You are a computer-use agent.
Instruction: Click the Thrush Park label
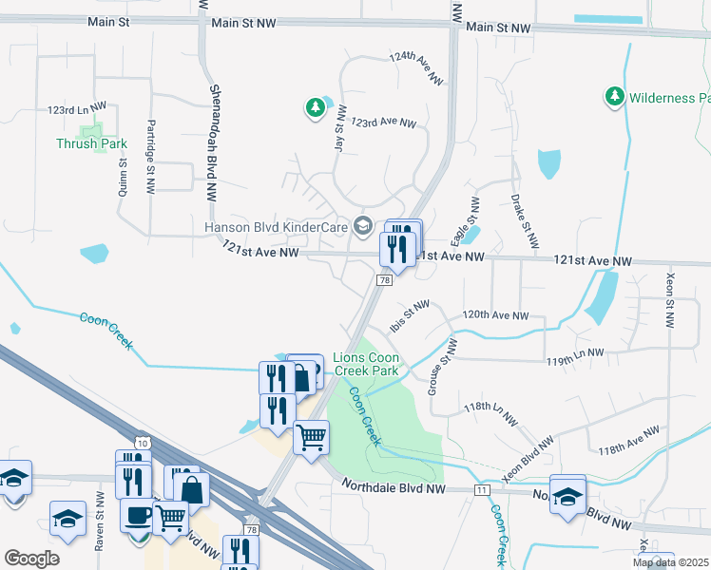tap(91, 144)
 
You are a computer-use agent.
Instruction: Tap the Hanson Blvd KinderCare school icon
tap(362, 226)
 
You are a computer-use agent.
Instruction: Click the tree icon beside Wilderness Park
tap(614, 97)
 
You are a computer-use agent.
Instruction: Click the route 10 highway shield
tap(142, 443)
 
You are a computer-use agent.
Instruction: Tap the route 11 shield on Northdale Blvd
tap(483, 488)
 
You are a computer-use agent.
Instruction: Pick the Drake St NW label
tap(520, 218)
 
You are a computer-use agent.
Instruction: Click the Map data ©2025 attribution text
tap(670, 562)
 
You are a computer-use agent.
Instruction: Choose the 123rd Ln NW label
tap(76, 110)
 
